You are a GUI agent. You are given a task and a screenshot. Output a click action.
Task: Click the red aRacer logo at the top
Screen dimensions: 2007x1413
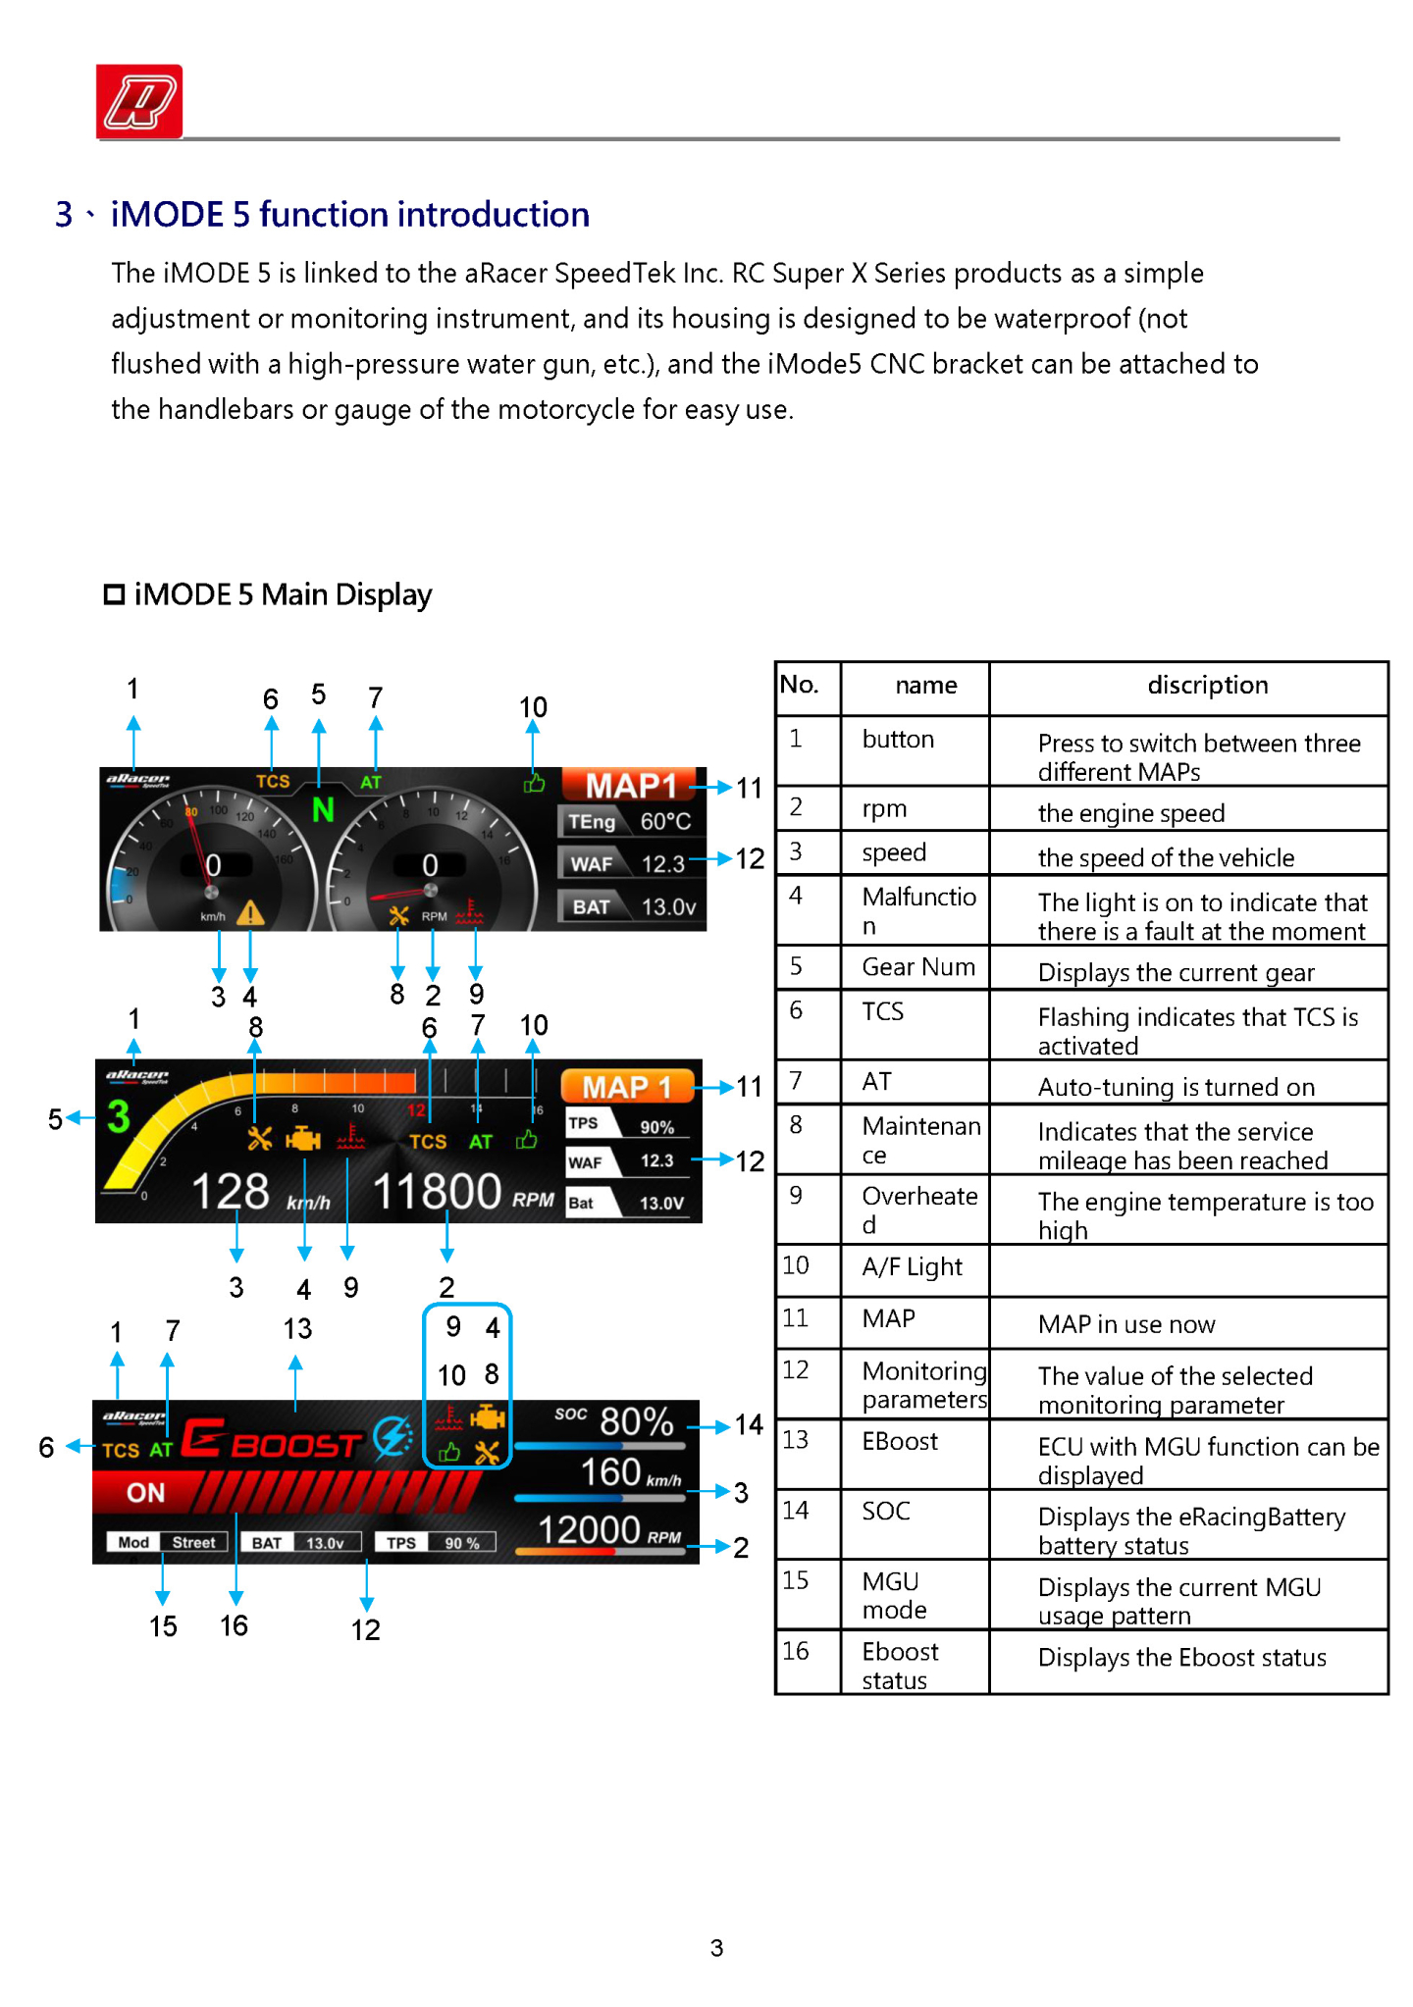[x=138, y=101]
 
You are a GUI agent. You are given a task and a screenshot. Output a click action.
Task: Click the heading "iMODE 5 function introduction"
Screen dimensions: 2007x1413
[x=349, y=214]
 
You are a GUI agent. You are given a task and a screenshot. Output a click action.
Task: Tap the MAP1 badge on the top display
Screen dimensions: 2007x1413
[x=631, y=786]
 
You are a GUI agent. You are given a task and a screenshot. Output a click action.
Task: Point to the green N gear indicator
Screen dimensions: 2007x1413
[x=323, y=810]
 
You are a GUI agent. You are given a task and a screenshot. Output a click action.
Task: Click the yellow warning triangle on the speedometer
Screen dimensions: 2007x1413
[x=250, y=913]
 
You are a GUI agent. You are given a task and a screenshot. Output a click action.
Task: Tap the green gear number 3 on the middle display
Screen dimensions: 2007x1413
[x=118, y=1116]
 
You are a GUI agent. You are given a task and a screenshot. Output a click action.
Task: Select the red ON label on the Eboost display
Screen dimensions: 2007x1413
[x=145, y=1492]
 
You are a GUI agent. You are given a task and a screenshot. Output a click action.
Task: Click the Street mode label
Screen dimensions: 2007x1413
[x=193, y=1542]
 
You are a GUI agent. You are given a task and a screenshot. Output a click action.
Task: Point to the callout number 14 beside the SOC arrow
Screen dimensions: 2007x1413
[x=749, y=1424]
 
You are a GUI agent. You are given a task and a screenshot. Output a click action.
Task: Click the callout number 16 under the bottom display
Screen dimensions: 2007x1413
[x=234, y=1625]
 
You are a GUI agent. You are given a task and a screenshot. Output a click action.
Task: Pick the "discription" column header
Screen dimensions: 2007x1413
[x=1207, y=685]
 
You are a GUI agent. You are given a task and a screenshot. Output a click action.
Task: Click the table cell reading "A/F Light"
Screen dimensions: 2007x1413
[x=912, y=1266]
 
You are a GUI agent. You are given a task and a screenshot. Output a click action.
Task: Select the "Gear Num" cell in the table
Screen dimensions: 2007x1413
[x=917, y=967]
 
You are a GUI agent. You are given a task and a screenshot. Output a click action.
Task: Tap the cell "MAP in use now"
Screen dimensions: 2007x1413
[x=1125, y=1324]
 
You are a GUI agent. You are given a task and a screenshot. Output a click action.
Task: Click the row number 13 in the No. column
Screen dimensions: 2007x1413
[x=796, y=1439]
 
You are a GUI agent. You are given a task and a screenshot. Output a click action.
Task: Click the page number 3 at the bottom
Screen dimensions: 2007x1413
[x=716, y=1947]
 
